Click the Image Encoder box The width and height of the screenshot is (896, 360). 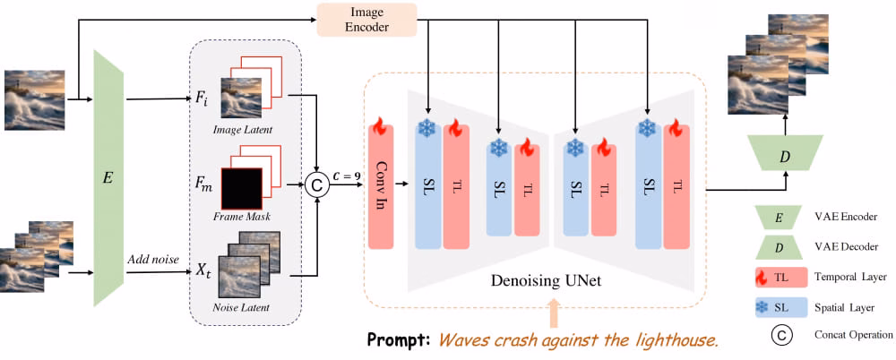pyautogui.click(x=366, y=20)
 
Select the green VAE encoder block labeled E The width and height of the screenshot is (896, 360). pyautogui.click(x=108, y=177)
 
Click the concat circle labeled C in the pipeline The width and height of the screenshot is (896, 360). pyautogui.click(x=314, y=184)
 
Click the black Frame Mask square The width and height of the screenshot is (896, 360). pyautogui.click(x=242, y=189)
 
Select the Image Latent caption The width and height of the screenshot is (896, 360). pyautogui.click(x=242, y=130)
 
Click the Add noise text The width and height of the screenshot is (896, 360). pyautogui.click(x=153, y=260)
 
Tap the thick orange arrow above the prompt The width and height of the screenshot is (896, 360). pyautogui.click(x=552, y=313)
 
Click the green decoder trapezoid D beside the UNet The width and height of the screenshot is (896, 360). pyautogui.click(x=786, y=152)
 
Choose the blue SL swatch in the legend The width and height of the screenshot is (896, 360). pyautogui.click(x=780, y=308)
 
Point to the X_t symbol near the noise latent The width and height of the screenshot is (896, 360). pyautogui.click(x=203, y=270)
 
